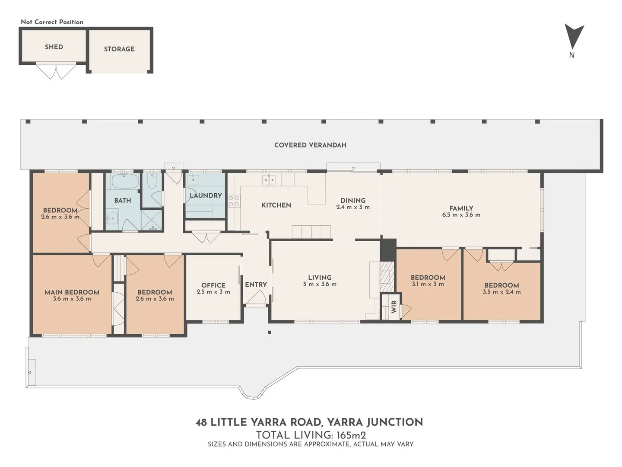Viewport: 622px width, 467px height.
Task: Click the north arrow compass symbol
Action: tap(574, 36)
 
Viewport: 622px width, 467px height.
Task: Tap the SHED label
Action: tap(54, 47)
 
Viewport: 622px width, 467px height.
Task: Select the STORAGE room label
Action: tap(119, 49)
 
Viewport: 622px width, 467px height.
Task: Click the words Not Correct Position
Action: tap(52, 22)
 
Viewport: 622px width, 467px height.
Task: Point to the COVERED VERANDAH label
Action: tap(310, 145)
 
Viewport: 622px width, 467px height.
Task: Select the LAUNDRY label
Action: tap(206, 195)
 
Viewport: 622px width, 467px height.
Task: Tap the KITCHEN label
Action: tap(276, 205)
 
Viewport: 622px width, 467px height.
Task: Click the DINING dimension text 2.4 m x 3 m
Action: tap(353, 207)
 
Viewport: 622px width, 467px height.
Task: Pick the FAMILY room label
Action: tap(461, 208)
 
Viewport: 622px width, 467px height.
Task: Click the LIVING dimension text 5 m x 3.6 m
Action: tap(320, 284)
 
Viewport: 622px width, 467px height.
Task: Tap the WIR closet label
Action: tap(394, 307)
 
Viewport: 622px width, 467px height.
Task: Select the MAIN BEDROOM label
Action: tap(72, 292)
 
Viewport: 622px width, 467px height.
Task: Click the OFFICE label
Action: tap(213, 285)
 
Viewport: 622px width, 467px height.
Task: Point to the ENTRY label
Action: tap(256, 285)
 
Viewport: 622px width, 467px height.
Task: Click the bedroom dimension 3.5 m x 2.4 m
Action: tap(501, 292)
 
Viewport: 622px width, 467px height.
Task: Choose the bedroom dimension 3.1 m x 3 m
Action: tap(428, 284)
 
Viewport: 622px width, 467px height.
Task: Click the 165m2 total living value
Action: tap(351, 435)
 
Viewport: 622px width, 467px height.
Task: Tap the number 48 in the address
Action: tap(201, 422)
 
